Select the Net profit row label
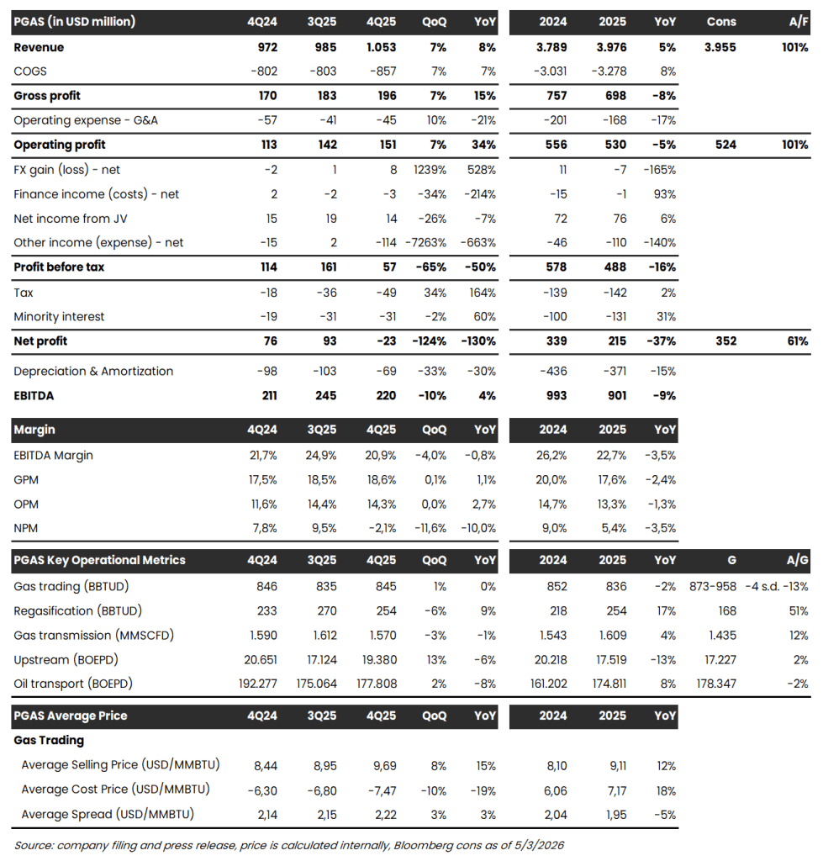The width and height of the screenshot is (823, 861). [40, 341]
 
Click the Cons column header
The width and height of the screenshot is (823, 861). [721, 21]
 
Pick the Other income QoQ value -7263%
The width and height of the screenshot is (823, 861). [428, 242]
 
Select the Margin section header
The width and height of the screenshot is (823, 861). [34, 429]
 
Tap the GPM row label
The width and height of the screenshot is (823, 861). [27, 479]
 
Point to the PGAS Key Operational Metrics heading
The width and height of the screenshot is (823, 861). [99, 560]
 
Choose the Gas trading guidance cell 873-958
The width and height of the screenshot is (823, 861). [712, 586]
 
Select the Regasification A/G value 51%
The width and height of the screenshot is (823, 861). [795, 610]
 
